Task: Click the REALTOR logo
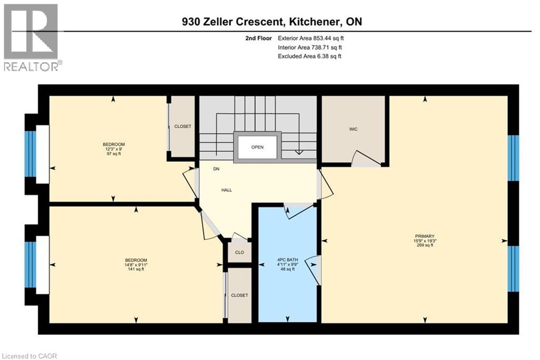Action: [x=32, y=37]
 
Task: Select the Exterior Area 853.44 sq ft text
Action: [x=311, y=38]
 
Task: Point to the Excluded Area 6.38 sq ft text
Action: [x=310, y=56]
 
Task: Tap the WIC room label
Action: [x=353, y=129]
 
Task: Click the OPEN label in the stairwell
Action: [x=257, y=147]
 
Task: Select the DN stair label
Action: [x=216, y=169]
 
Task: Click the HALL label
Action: [x=227, y=190]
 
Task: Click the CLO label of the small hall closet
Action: [x=239, y=252]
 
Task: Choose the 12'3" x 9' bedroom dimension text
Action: [x=113, y=149]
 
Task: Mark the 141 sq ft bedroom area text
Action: [x=136, y=269]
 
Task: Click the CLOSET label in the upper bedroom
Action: [x=182, y=127]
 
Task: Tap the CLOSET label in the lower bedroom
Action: [x=239, y=296]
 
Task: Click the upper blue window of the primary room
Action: [x=513, y=158]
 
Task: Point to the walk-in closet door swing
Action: [x=367, y=158]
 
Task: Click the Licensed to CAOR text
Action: [x=29, y=356]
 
